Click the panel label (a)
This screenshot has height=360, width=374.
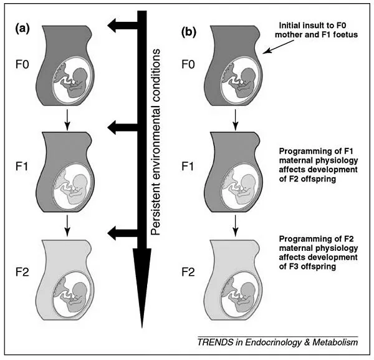point(28,29)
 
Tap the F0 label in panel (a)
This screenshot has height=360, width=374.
point(24,64)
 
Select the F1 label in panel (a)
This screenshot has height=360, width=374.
point(24,168)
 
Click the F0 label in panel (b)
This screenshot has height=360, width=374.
point(188,64)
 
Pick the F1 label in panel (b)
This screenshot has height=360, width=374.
point(188,168)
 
